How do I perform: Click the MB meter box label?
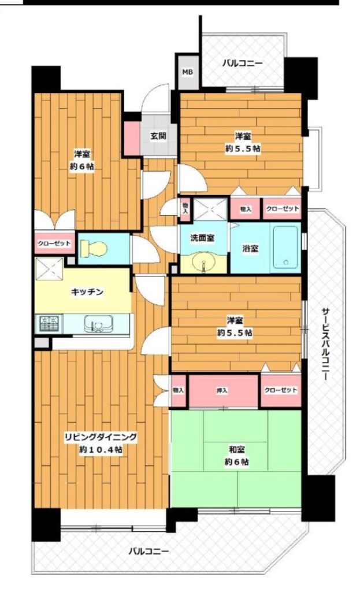(x=188, y=72)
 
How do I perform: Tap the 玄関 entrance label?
(x=158, y=135)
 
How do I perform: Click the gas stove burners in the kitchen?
(x=50, y=324)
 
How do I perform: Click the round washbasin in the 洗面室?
(x=203, y=264)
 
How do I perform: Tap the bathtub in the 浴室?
(x=285, y=247)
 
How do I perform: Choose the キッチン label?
(x=87, y=291)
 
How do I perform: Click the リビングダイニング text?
(x=101, y=437)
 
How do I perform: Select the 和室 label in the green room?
(x=236, y=449)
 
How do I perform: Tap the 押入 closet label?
(x=222, y=390)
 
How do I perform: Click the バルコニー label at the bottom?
(x=149, y=551)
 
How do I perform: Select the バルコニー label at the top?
(x=242, y=63)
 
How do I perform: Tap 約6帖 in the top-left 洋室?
(x=82, y=166)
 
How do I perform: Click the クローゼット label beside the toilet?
(x=54, y=243)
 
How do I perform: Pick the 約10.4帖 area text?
(x=101, y=450)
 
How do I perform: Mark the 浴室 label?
(x=250, y=249)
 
